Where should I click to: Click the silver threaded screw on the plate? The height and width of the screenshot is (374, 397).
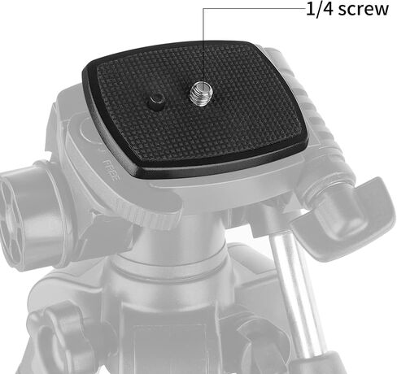coord(202,93)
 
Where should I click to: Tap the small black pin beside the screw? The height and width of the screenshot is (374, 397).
coord(156,99)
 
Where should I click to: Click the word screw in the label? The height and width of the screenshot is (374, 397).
coord(364,9)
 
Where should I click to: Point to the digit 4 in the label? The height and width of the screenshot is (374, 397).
coord(327,9)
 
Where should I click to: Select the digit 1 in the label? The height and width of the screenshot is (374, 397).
coord(310,9)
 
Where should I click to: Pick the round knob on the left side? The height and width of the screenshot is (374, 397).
coord(27,215)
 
